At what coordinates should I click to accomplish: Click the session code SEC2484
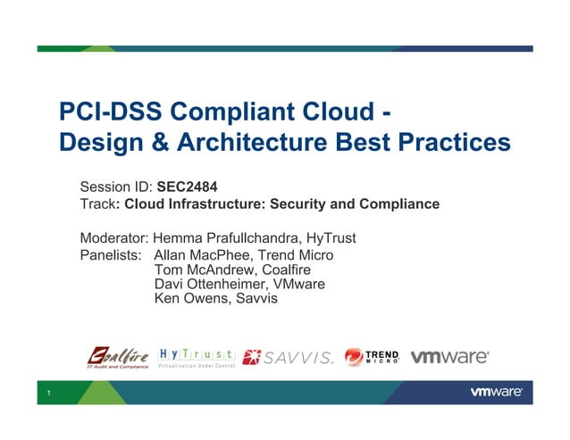[x=188, y=187]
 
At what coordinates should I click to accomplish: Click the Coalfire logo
[x=117, y=356]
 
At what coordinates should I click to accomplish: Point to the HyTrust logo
[x=197, y=356]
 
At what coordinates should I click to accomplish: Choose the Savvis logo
[x=288, y=357]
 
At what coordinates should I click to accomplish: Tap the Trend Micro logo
[x=372, y=357]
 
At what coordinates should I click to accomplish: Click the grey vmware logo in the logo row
[x=449, y=356]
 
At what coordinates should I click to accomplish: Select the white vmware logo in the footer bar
[x=496, y=392]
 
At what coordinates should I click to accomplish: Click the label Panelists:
[x=111, y=256]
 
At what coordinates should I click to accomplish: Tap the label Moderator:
[x=115, y=238]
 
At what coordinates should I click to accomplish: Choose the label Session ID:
[x=116, y=187]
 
